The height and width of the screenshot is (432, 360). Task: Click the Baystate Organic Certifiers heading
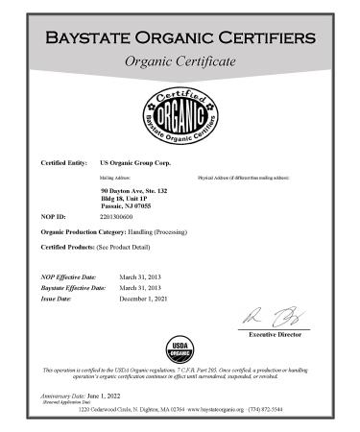tap(180, 38)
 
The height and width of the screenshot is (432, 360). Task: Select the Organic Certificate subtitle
tap(180, 62)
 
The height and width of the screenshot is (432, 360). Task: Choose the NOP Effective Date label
tap(72, 276)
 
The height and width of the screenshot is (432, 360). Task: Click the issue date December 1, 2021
tap(146, 300)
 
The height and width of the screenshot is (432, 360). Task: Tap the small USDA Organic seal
tap(180, 348)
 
